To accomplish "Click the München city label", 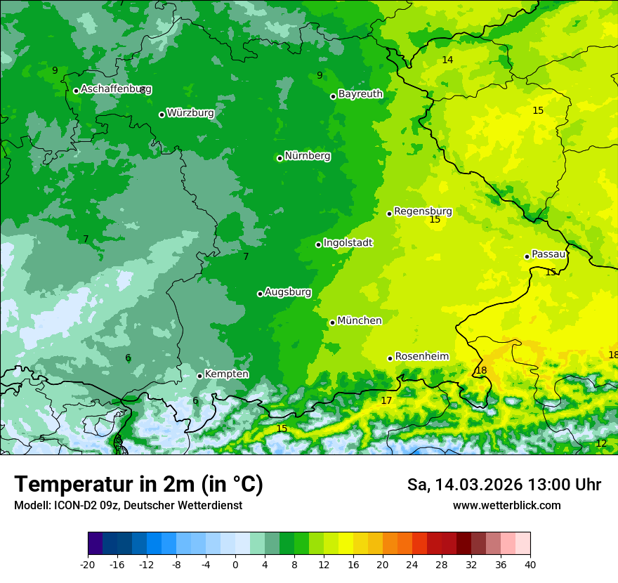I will click(360, 321).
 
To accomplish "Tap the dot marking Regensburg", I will click(389, 214).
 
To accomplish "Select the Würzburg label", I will click(190, 113).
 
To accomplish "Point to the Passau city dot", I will click(527, 256).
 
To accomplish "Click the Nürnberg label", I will click(308, 156).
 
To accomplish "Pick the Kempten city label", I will click(226, 374).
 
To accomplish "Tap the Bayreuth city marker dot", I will click(333, 96).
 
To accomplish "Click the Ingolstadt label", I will click(348, 243).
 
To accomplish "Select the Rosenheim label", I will click(421, 357).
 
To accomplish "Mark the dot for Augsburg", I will click(260, 294).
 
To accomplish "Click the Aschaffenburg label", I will click(116, 89).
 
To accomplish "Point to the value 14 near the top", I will click(447, 60).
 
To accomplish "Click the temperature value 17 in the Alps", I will click(386, 401).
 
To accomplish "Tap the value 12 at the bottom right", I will click(601, 444).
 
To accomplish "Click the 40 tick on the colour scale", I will click(530, 564).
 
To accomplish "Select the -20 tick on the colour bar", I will click(88, 564).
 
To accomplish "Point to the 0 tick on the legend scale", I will click(235, 564).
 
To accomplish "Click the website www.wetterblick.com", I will click(506, 506).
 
